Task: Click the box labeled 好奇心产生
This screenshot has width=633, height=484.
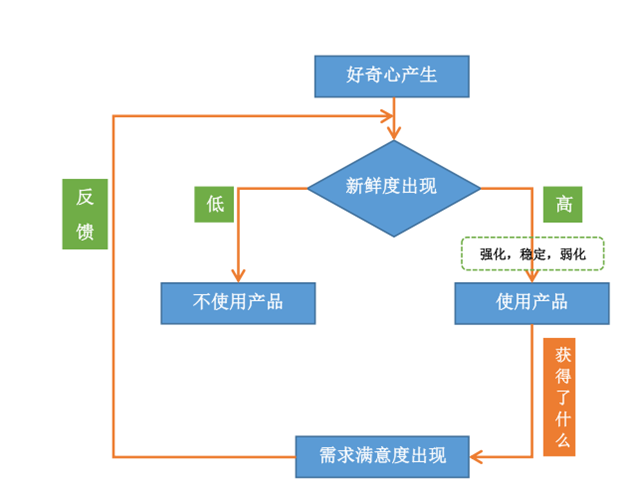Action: click(391, 75)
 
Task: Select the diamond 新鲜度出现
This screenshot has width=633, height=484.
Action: click(393, 187)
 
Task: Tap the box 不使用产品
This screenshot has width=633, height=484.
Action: click(238, 303)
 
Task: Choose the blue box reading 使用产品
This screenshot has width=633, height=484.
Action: click(531, 303)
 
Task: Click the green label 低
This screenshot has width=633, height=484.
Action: click(214, 204)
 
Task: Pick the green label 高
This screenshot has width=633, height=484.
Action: click(563, 204)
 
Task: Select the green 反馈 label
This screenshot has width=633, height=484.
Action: click(85, 214)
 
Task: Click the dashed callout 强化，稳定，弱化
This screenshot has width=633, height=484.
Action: click(531, 254)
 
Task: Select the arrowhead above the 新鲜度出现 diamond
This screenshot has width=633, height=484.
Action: click(397, 133)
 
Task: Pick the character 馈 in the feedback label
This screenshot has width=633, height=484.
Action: click(85, 232)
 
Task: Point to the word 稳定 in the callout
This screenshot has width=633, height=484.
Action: click(533, 255)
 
